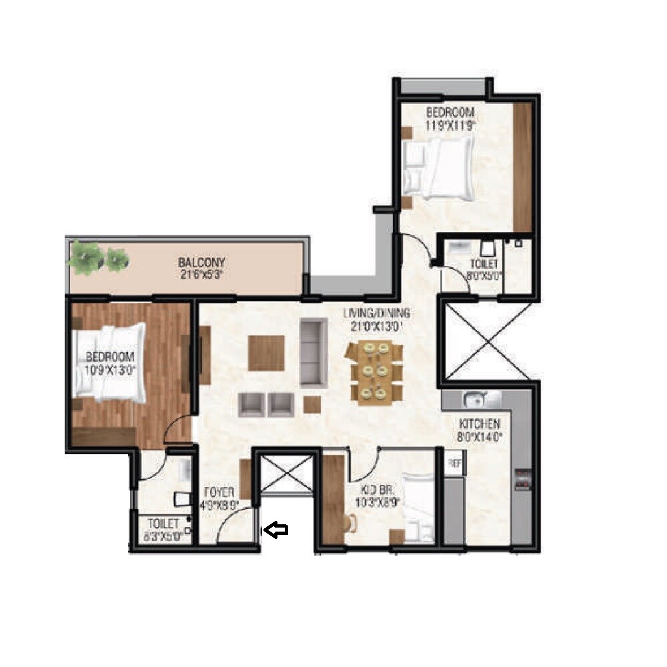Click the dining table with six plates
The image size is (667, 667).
(375, 372)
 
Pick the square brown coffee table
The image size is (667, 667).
(267, 352)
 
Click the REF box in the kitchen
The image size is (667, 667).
(454, 464)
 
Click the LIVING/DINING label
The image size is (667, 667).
(378, 317)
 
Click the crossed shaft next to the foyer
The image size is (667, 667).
(285, 474)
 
